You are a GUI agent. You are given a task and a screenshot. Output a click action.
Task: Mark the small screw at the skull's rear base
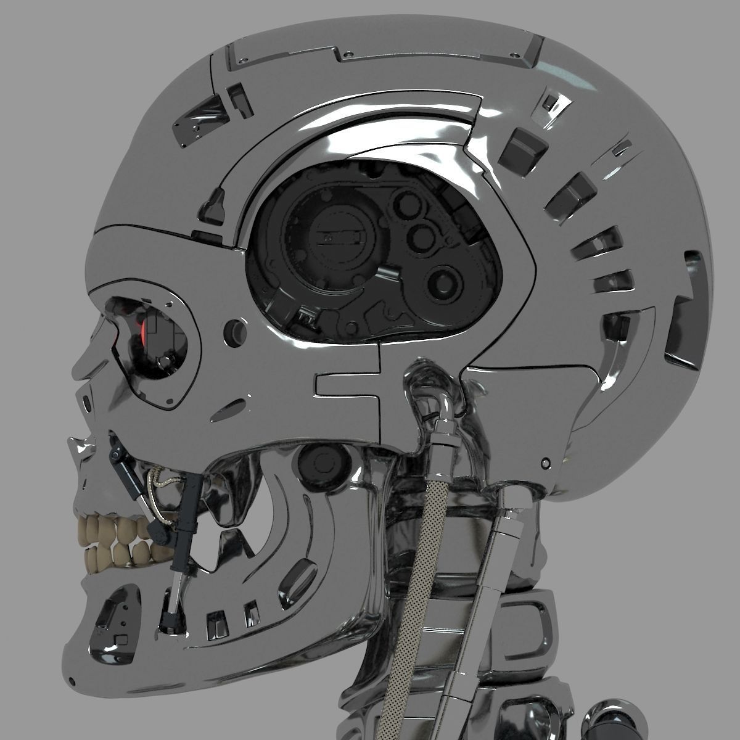coord(545,462)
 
